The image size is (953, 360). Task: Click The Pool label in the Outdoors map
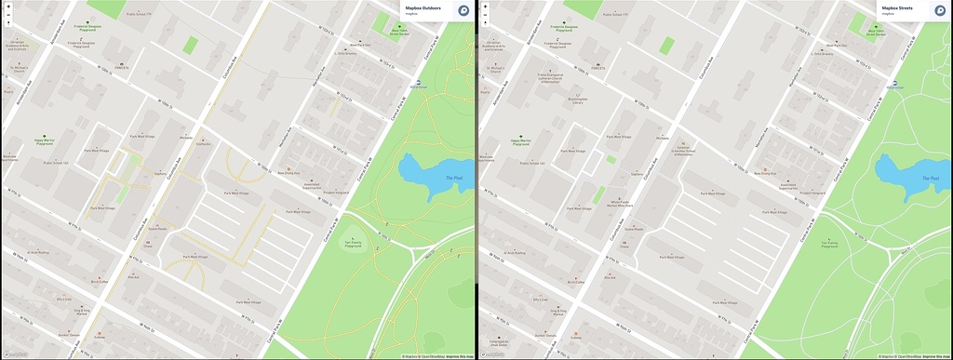point(453,178)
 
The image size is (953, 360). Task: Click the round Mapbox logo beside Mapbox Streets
point(939,10)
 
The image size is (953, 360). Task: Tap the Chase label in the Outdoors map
point(148,246)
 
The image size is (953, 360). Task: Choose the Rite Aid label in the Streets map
point(609,276)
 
